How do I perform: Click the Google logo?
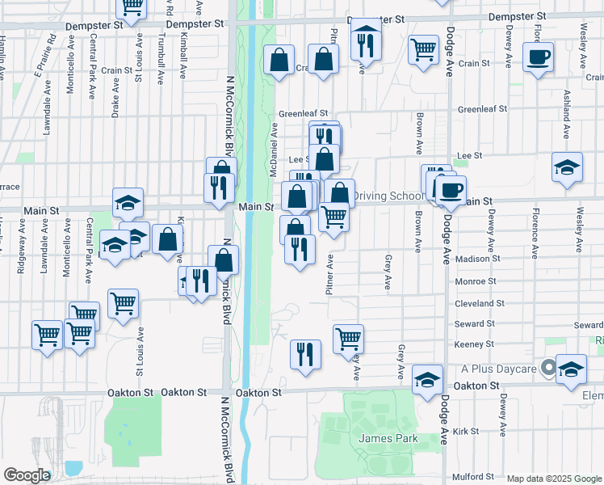click(x=26, y=474)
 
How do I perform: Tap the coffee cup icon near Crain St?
click(x=539, y=58)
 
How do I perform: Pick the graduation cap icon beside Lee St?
click(x=568, y=168)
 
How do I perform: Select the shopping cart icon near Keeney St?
click(x=348, y=338)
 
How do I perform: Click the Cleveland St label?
click(x=480, y=303)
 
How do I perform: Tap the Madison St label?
click(x=480, y=259)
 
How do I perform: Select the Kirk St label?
click(x=467, y=432)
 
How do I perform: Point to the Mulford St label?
click(x=472, y=476)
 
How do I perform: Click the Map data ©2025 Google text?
click(x=554, y=479)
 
